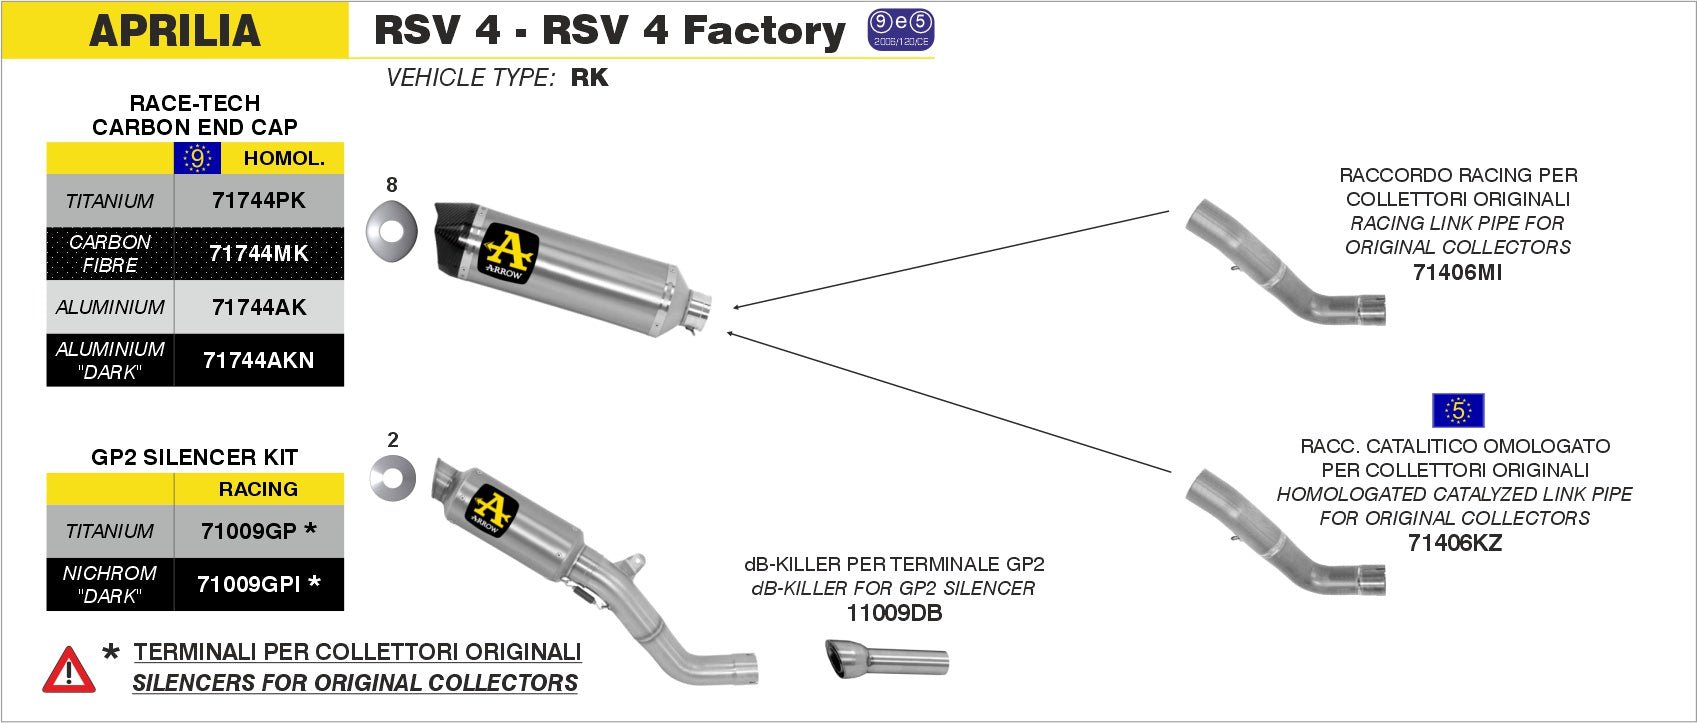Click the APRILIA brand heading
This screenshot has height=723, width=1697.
click(x=175, y=30)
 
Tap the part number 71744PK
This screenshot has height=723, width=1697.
click(x=258, y=200)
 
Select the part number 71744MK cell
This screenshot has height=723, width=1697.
click(x=258, y=253)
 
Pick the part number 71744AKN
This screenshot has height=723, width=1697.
click(x=258, y=360)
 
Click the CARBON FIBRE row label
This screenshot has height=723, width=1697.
click(x=110, y=253)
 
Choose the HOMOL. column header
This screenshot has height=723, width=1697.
click(x=284, y=158)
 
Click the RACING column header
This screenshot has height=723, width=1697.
click(x=258, y=489)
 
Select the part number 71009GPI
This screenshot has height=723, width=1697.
click(x=250, y=584)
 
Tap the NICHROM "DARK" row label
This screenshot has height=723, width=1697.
click(x=110, y=584)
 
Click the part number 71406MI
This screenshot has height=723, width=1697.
click(x=1457, y=272)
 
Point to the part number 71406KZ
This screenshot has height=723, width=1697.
click(x=1454, y=543)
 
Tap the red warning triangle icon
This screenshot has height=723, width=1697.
click(x=69, y=670)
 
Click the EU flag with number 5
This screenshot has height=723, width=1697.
click(x=1458, y=410)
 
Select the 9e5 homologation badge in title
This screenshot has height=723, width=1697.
click(x=900, y=30)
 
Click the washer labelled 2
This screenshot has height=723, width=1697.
click(x=392, y=478)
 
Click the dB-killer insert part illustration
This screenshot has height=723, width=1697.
click(x=886, y=659)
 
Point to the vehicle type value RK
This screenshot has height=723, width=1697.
click(x=589, y=78)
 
